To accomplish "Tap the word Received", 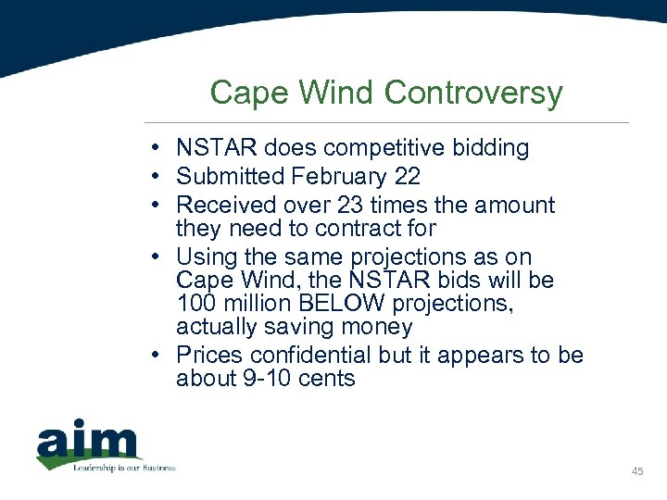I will pos(224,205).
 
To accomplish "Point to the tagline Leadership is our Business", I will pos(124,468).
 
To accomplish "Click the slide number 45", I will pos(637,472).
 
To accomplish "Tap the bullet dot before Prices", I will pos(161,356).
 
